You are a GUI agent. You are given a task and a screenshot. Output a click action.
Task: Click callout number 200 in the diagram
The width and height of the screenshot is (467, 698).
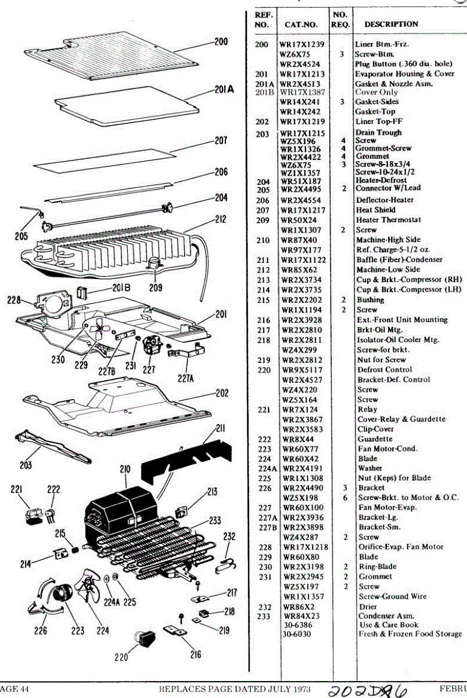click(x=221, y=42)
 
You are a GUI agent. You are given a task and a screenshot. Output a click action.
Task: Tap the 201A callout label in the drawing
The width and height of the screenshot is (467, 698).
click(x=223, y=90)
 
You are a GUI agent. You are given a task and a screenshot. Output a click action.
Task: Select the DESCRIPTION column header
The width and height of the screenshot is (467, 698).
click(x=391, y=24)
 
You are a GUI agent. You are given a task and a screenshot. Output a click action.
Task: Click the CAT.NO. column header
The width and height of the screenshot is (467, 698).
click(x=301, y=24)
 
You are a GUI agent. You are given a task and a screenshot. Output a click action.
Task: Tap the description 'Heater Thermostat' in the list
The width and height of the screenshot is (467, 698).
click(x=389, y=220)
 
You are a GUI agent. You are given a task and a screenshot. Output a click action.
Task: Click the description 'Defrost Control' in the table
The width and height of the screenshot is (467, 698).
click(x=385, y=370)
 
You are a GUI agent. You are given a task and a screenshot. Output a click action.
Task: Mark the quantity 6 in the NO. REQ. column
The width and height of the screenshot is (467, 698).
click(x=344, y=498)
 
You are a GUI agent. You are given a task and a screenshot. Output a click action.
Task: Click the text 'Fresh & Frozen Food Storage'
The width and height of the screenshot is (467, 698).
click(x=409, y=634)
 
